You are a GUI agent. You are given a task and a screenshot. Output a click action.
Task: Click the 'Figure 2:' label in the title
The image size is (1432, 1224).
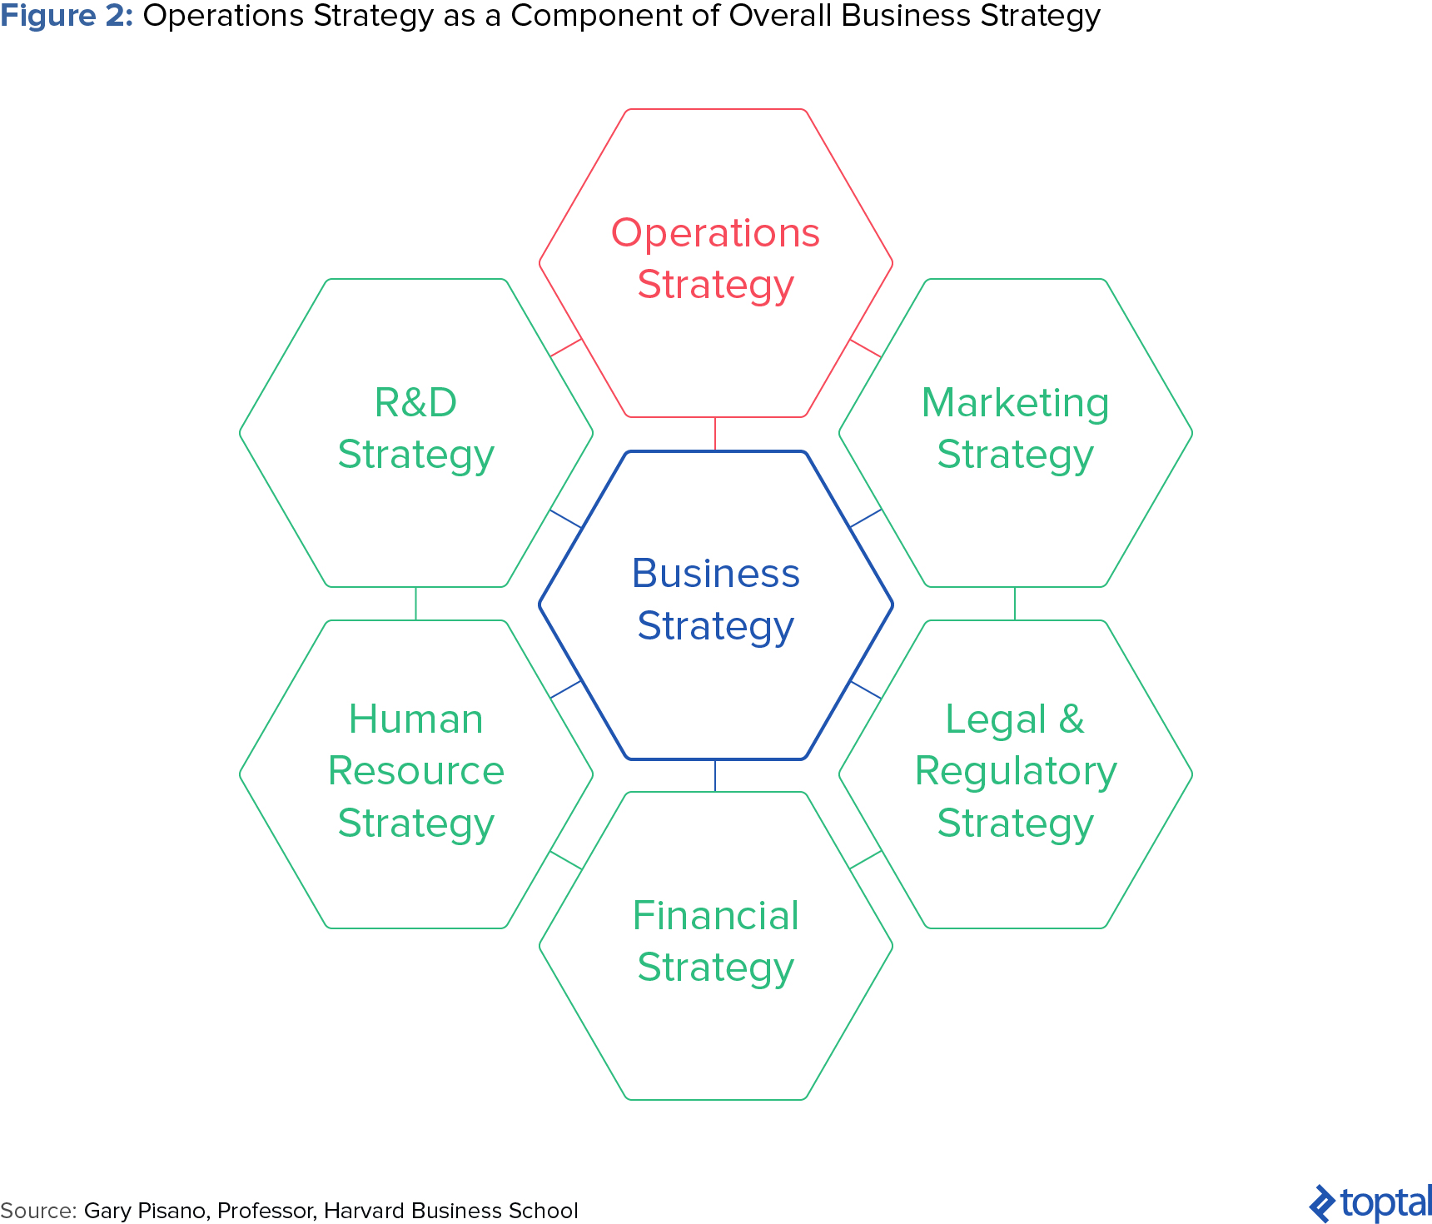tap(67, 17)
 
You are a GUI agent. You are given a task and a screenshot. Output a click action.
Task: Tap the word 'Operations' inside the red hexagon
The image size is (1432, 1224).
tap(715, 234)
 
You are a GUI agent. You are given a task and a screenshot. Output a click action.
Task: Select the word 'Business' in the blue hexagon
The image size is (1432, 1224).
tap(715, 573)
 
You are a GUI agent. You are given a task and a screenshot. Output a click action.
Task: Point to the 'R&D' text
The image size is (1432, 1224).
tap(415, 402)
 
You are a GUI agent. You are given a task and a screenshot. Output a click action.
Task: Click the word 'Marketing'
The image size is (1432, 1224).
tap(1015, 405)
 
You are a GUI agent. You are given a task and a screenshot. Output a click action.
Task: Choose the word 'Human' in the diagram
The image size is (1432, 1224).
tap(415, 719)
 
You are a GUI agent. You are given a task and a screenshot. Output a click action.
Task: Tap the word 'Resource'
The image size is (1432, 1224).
tap(415, 771)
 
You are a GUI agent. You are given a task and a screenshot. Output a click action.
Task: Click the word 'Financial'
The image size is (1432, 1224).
tap(715, 916)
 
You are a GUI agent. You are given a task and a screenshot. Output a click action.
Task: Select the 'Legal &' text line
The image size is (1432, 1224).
tap(1015, 720)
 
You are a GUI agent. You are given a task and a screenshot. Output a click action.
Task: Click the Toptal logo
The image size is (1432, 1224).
tap(1370, 1203)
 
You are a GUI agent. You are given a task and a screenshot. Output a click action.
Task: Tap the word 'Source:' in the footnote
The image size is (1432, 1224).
tap(38, 1211)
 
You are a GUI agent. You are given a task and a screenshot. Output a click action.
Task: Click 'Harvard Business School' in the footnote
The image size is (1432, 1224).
tap(450, 1211)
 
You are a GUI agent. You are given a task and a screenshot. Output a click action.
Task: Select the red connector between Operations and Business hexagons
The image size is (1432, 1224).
tap(715, 434)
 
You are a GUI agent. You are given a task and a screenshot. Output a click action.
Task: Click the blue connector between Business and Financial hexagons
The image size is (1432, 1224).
tap(715, 775)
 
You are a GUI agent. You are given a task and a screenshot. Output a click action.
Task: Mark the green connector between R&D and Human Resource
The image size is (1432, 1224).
tap(415, 604)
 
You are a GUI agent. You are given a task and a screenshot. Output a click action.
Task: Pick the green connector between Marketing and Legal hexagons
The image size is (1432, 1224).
tap(1015, 604)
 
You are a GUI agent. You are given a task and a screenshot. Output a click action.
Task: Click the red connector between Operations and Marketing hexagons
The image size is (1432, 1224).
tap(865, 348)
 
